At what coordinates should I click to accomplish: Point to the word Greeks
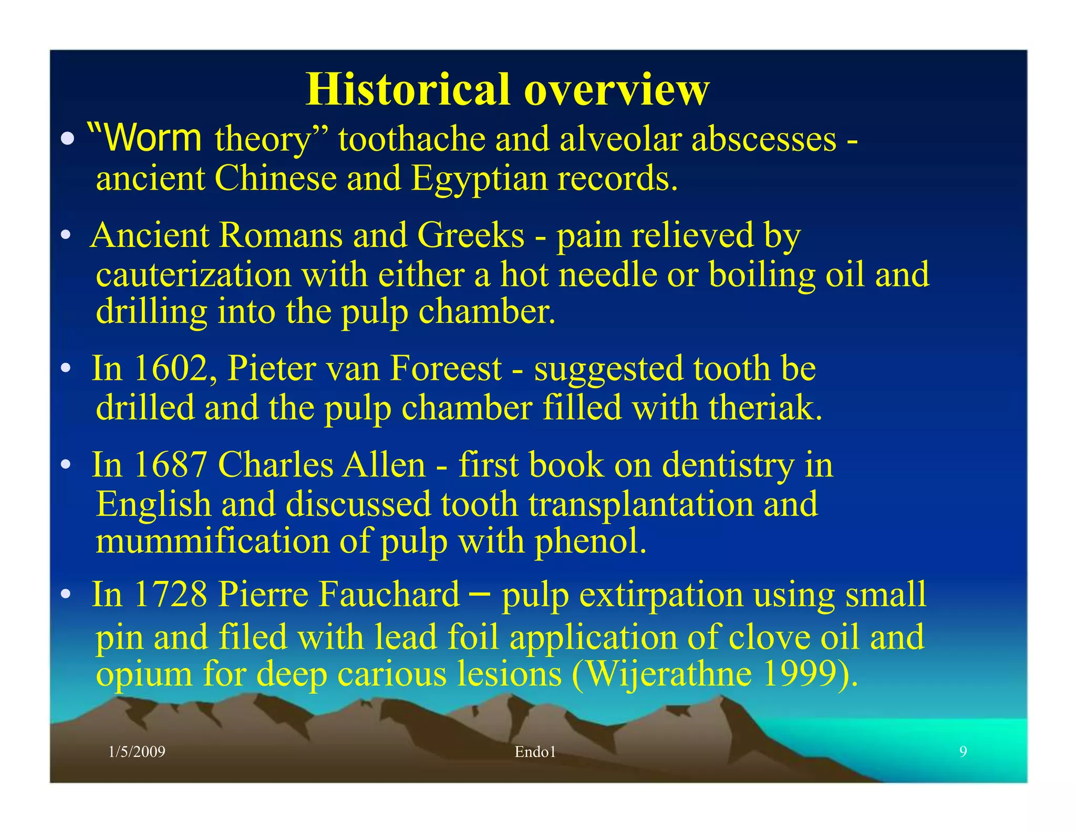point(470,235)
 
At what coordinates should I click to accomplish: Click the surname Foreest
point(446,368)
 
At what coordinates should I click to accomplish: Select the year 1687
point(170,465)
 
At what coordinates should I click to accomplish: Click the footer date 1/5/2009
point(137,752)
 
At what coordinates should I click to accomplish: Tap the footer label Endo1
point(535,752)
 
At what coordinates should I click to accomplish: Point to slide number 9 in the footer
point(963,752)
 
